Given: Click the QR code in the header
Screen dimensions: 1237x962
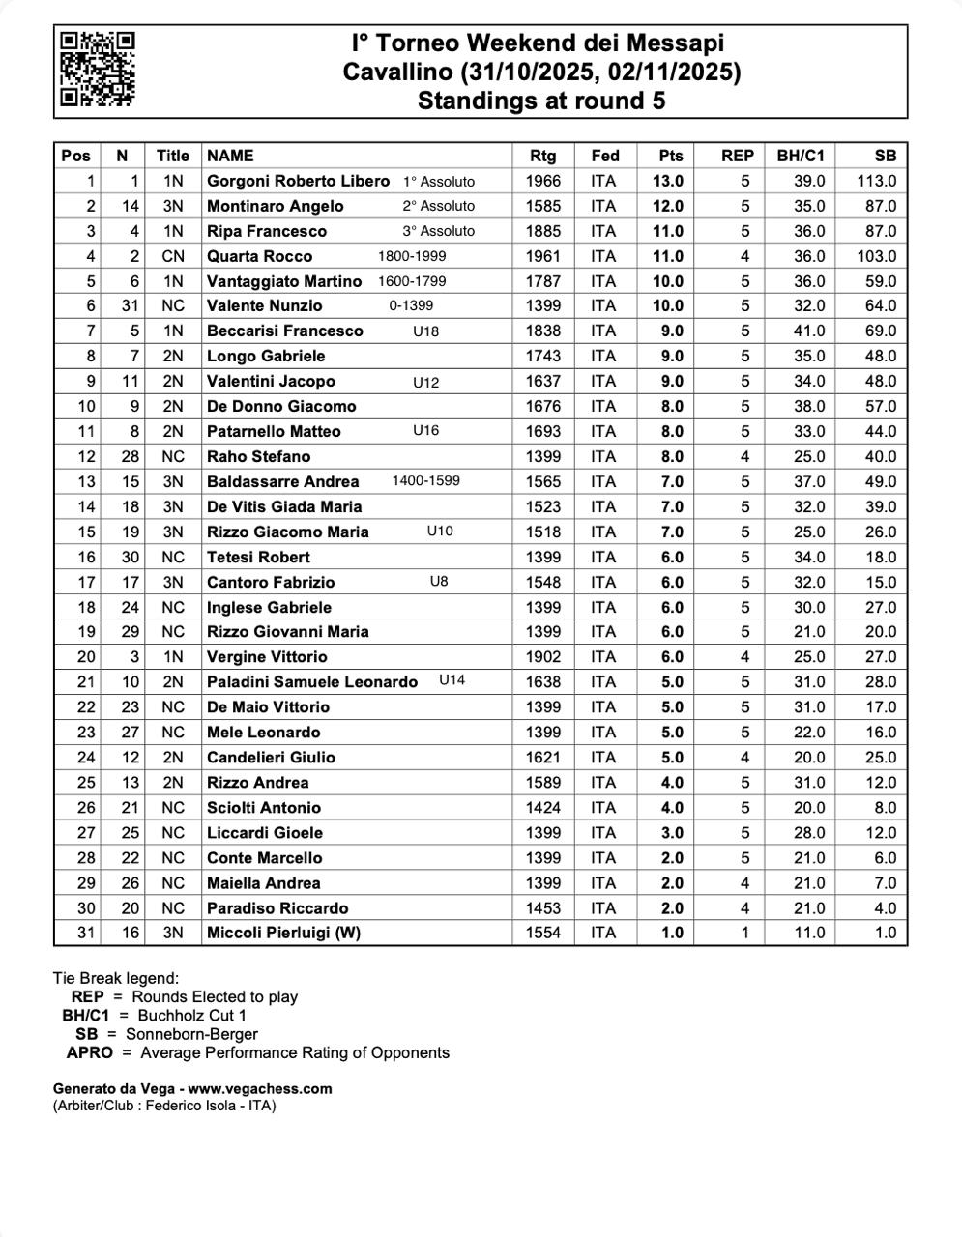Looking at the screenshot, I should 97,69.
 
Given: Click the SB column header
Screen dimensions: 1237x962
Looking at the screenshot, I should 885,156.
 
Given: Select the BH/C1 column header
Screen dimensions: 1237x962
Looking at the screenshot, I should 801,156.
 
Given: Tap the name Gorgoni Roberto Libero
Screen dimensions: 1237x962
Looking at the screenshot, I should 298,181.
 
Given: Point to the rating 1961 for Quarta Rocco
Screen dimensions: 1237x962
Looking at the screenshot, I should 543,256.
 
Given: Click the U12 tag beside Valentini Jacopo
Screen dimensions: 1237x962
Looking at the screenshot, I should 425,382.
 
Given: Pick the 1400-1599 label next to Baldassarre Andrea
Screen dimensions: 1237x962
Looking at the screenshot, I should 425,481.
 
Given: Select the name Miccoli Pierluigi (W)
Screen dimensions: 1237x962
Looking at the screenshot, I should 283,933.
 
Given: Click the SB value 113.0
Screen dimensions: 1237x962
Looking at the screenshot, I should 876,181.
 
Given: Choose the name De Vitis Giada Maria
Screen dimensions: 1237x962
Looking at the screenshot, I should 284,506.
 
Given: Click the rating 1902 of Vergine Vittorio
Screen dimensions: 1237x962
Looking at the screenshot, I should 543,657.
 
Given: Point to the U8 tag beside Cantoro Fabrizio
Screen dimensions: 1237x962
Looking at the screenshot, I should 439,582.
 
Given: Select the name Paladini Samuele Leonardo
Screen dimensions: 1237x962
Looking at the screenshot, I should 312,682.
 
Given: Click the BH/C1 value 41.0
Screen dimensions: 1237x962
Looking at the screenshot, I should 809,331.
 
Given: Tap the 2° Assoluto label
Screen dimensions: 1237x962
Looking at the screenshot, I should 439,206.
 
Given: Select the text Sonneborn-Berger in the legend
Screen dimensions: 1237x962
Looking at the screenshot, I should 191,1034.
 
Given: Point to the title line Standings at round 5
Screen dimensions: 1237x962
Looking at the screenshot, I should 541,101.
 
